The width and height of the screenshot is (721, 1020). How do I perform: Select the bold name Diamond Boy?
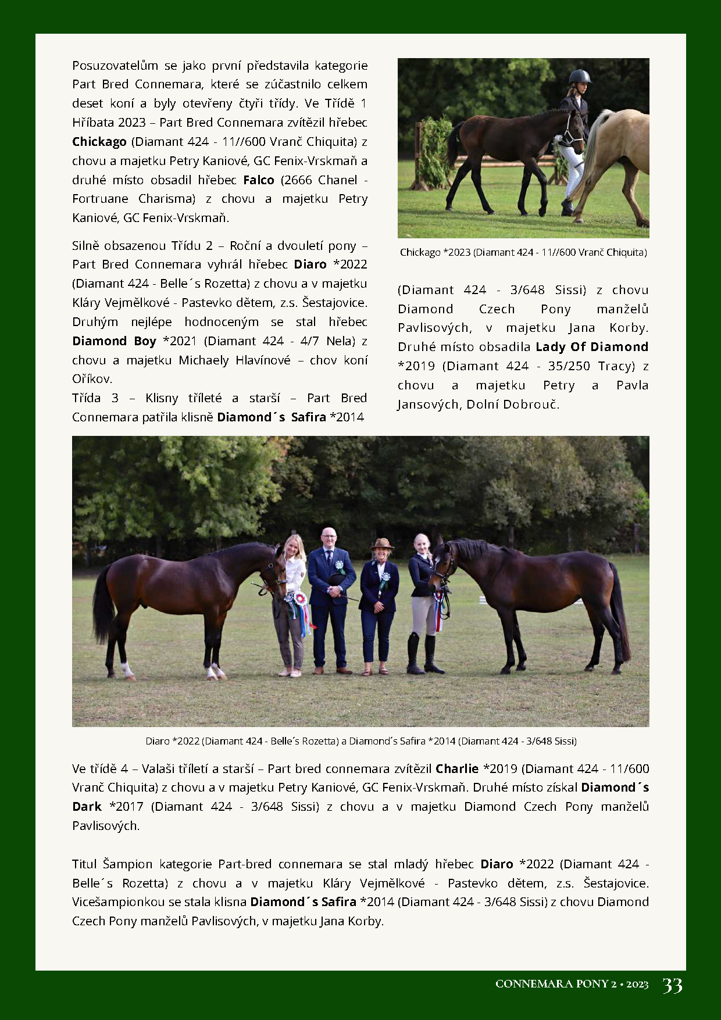tap(114, 341)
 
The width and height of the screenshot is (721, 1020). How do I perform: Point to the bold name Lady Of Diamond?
tap(592, 347)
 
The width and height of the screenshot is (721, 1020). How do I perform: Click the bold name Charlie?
tap(456, 768)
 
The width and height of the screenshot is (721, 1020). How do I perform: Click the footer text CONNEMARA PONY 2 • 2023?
tap(572, 984)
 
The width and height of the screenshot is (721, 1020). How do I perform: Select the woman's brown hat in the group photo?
tap(382, 544)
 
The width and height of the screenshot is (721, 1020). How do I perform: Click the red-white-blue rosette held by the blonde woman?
tap(299, 599)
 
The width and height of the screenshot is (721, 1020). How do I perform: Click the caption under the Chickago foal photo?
tap(523, 252)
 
